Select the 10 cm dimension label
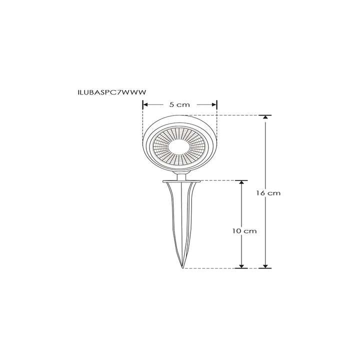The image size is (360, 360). pyautogui.click(x=244, y=231)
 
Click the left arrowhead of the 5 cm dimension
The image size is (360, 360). pyautogui.click(x=145, y=104)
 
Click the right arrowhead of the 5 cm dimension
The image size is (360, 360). pyautogui.click(x=215, y=104)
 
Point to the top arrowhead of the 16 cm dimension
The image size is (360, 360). pyautogui.click(x=265, y=118)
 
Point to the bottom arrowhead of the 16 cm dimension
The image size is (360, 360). pyautogui.click(x=265, y=265)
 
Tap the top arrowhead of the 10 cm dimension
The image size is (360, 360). pyautogui.click(x=241, y=183)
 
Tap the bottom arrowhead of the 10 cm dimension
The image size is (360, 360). pyautogui.click(x=241, y=265)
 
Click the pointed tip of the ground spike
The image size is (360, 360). pyautogui.click(x=182, y=267)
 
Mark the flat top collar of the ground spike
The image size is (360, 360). pyautogui.click(x=181, y=181)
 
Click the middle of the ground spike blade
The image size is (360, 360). pyautogui.click(x=181, y=220)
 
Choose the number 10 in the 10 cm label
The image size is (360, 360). pyautogui.click(x=237, y=231)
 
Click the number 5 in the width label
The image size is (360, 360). pyautogui.click(x=171, y=104)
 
